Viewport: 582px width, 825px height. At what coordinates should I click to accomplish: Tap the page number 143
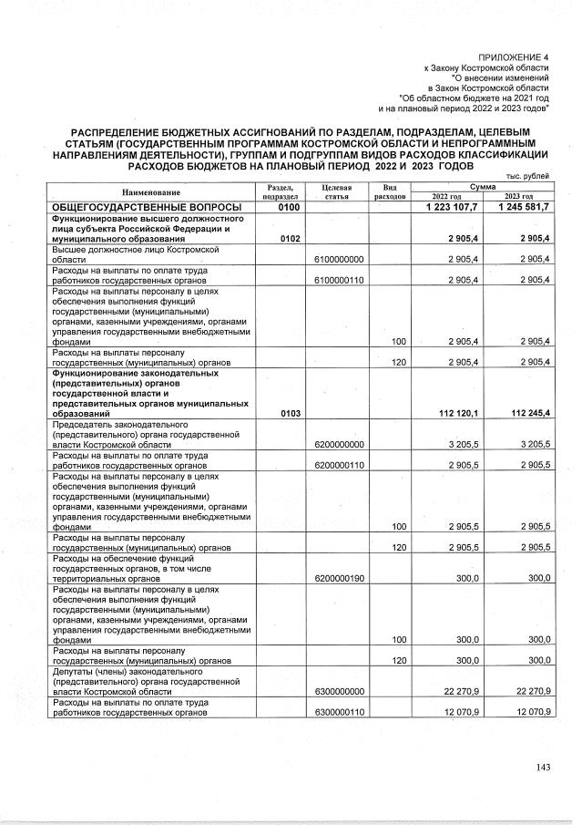pyautogui.click(x=543, y=767)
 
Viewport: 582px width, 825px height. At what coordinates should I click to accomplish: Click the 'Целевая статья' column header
pyautogui.click(x=337, y=191)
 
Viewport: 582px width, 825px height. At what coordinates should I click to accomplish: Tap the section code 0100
pyautogui.click(x=279, y=209)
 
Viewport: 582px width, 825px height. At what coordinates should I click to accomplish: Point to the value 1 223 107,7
pyautogui.click(x=452, y=209)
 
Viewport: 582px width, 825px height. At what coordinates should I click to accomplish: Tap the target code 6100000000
pyautogui.click(x=339, y=259)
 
